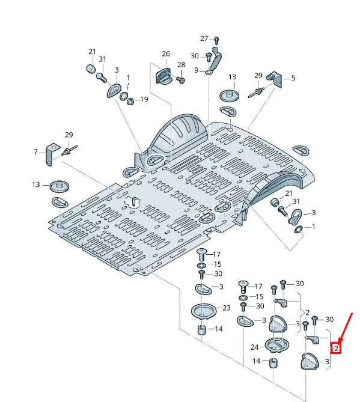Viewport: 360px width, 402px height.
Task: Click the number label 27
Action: click(204, 38)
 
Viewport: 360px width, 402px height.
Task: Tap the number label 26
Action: click(166, 54)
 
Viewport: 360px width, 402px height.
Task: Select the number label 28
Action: click(181, 64)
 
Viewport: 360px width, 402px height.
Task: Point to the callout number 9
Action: click(196, 71)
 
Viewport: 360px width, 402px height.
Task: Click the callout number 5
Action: click(293, 78)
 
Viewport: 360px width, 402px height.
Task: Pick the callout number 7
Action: click(36, 152)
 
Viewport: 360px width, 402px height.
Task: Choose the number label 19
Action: click(144, 99)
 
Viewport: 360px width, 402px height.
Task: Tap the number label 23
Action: click(226, 308)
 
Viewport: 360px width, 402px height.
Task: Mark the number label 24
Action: click(254, 347)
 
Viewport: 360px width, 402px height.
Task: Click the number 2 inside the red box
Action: click(337, 348)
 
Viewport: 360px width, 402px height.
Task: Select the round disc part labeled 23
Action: click(203, 312)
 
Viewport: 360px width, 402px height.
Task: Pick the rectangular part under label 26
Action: click(163, 76)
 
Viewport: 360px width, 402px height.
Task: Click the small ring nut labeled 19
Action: click(130, 99)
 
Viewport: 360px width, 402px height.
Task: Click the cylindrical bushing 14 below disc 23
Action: click(203, 331)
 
